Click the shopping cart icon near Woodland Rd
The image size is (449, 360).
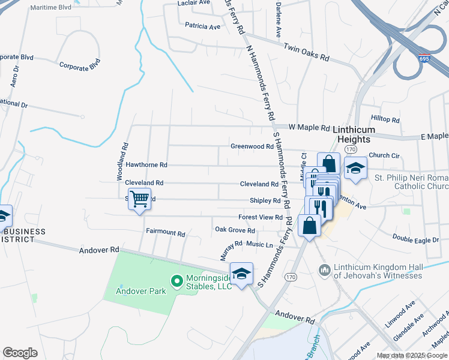click(139, 198)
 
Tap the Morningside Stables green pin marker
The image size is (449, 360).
click(176, 280)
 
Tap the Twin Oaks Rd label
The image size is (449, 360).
click(306, 52)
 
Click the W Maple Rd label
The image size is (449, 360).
click(309, 128)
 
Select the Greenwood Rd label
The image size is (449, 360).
click(252, 146)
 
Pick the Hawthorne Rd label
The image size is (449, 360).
click(146, 164)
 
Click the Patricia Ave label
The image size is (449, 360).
click(203, 26)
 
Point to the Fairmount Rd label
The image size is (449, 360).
click(165, 231)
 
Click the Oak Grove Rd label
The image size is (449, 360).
click(235, 230)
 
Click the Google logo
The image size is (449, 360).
click(20, 353)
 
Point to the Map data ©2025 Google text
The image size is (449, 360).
click(412, 355)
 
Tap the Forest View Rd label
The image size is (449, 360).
click(260, 217)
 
